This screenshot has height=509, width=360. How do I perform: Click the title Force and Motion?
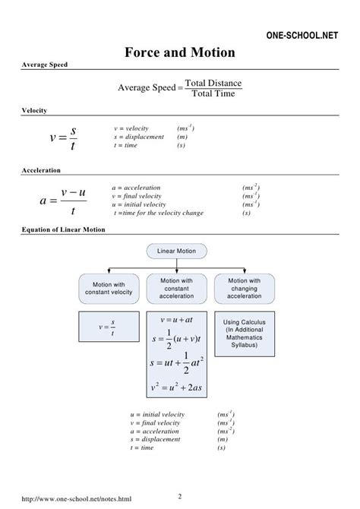[179, 53]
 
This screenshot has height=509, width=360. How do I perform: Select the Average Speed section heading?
[44, 65]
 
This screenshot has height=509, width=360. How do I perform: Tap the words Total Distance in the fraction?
[213, 83]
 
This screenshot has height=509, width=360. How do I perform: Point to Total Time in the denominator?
[213, 94]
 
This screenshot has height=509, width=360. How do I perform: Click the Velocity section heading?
[34, 110]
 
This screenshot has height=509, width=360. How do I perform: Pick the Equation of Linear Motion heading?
[64, 229]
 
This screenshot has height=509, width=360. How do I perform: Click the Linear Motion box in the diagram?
[175, 250]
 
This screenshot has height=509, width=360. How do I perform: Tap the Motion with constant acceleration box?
[175, 289]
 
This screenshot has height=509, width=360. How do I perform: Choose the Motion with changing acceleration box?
[244, 289]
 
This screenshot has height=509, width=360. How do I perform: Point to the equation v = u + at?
[175, 323]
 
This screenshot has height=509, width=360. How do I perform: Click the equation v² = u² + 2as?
[175, 388]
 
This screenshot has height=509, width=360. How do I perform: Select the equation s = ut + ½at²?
[175, 365]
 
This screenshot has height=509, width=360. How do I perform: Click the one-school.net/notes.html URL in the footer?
[72, 499]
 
